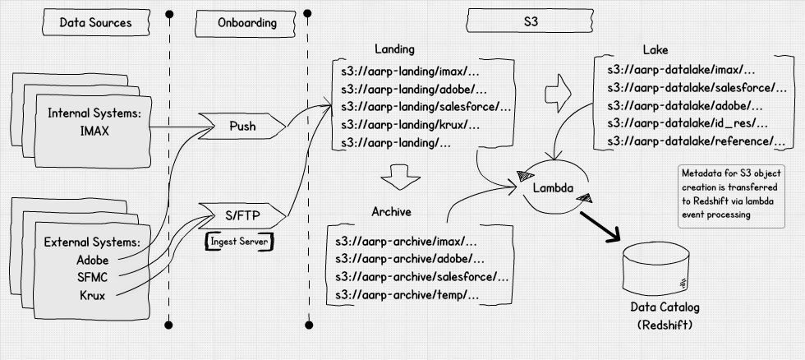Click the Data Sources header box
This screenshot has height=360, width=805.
[95, 23]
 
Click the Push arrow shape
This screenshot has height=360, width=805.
[243, 127]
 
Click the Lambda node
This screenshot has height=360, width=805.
[552, 187]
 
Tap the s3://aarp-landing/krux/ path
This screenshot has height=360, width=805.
[411, 125]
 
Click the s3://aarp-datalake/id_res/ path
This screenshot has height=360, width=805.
[687, 123]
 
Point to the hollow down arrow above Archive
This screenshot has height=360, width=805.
[400, 175]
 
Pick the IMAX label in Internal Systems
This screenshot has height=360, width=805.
[96, 130]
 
